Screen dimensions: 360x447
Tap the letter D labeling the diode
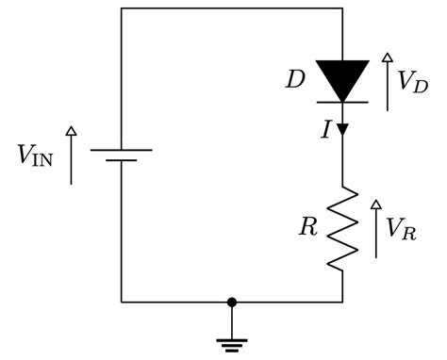pyautogui.click(x=295, y=78)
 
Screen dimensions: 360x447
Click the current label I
pyautogui.click(x=326, y=130)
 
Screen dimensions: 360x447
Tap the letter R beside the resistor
pyautogui.click(x=307, y=227)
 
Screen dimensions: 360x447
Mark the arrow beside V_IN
pyautogui.click(x=72, y=155)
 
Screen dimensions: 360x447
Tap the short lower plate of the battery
pyautogui.click(x=122, y=160)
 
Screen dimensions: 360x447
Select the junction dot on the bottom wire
pyautogui.click(x=232, y=302)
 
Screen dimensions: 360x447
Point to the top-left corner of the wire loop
pyautogui.click(x=122, y=9)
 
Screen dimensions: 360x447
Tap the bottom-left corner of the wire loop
pyautogui.click(x=122, y=302)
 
